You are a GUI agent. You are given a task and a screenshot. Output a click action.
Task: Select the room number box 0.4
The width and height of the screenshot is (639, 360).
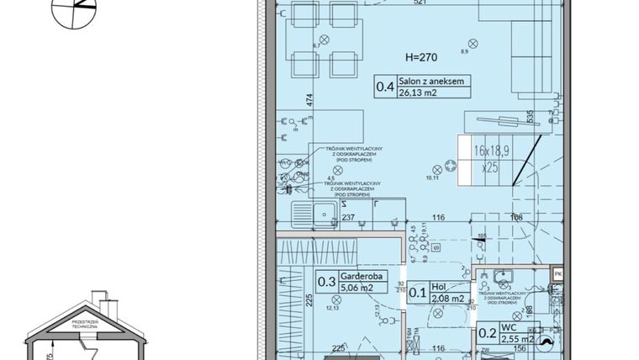[x=385, y=85]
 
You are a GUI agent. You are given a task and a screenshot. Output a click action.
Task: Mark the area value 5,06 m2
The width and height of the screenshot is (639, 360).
[x=357, y=289]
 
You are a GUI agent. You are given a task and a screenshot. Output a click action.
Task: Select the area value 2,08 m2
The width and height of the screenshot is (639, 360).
[x=447, y=298]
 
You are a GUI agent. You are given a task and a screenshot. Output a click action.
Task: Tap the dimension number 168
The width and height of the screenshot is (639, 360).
[x=516, y=219]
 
